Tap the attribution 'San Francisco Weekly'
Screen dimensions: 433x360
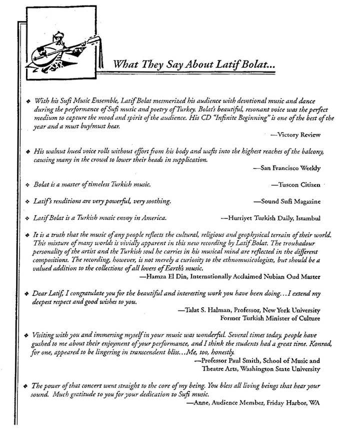(x=290, y=168)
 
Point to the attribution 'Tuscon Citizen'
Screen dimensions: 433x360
(x=298, y=184)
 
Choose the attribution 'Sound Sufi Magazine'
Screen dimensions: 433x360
(x=290, y=201)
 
